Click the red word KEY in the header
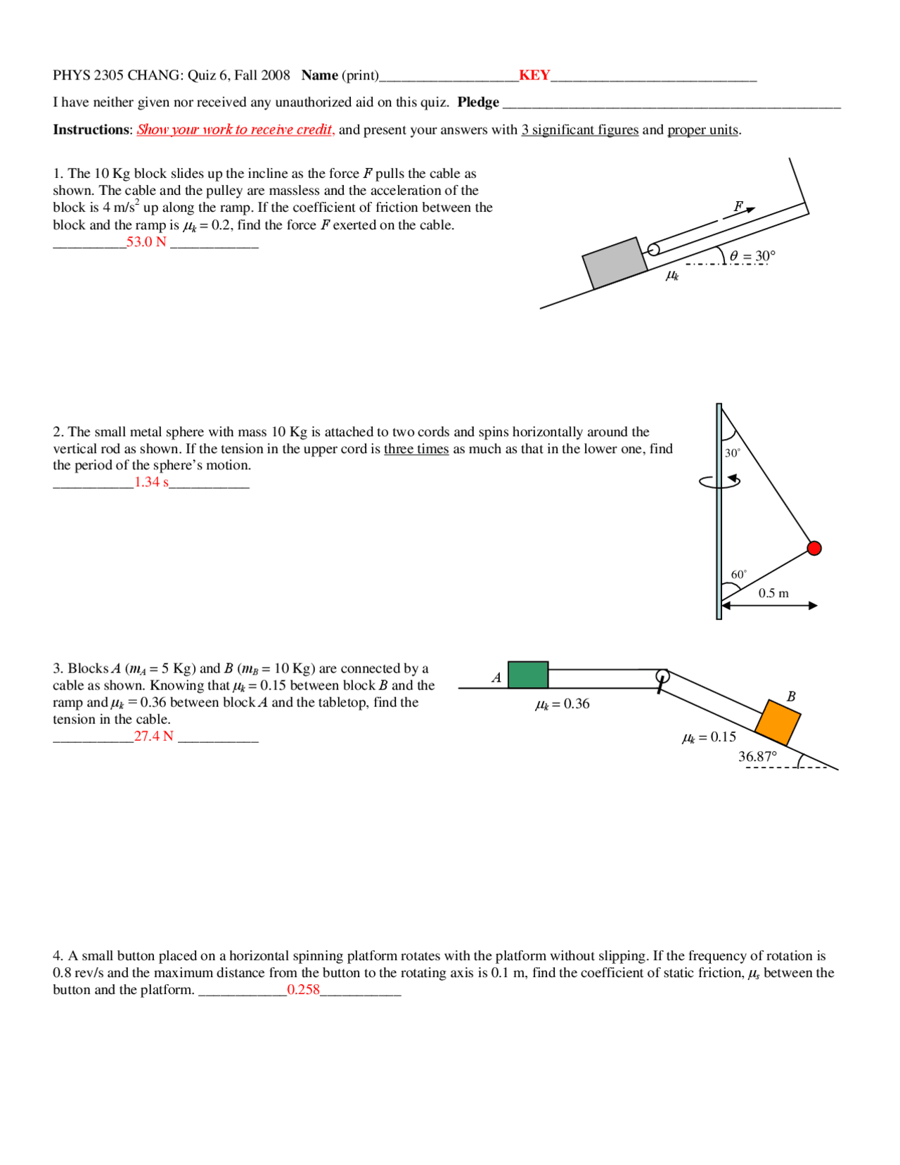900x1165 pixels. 534,75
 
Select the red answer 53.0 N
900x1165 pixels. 146,242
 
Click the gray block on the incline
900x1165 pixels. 615,262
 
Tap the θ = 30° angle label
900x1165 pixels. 752,256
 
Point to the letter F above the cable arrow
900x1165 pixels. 738,206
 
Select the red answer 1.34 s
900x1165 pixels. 151,482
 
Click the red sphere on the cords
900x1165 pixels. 814,548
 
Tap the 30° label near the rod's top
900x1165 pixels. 733,453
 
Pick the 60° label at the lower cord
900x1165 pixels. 739,575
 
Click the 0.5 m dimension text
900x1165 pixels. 773,593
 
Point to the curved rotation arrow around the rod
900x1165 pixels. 720,481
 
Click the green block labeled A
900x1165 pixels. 527,675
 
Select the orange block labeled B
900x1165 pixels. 778,722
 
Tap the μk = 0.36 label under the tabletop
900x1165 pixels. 562,704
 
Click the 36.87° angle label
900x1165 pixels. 757,757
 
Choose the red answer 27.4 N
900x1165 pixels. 153,736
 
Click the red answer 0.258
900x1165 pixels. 303,990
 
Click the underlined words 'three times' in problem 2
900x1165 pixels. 416,449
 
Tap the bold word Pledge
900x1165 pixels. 478,102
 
